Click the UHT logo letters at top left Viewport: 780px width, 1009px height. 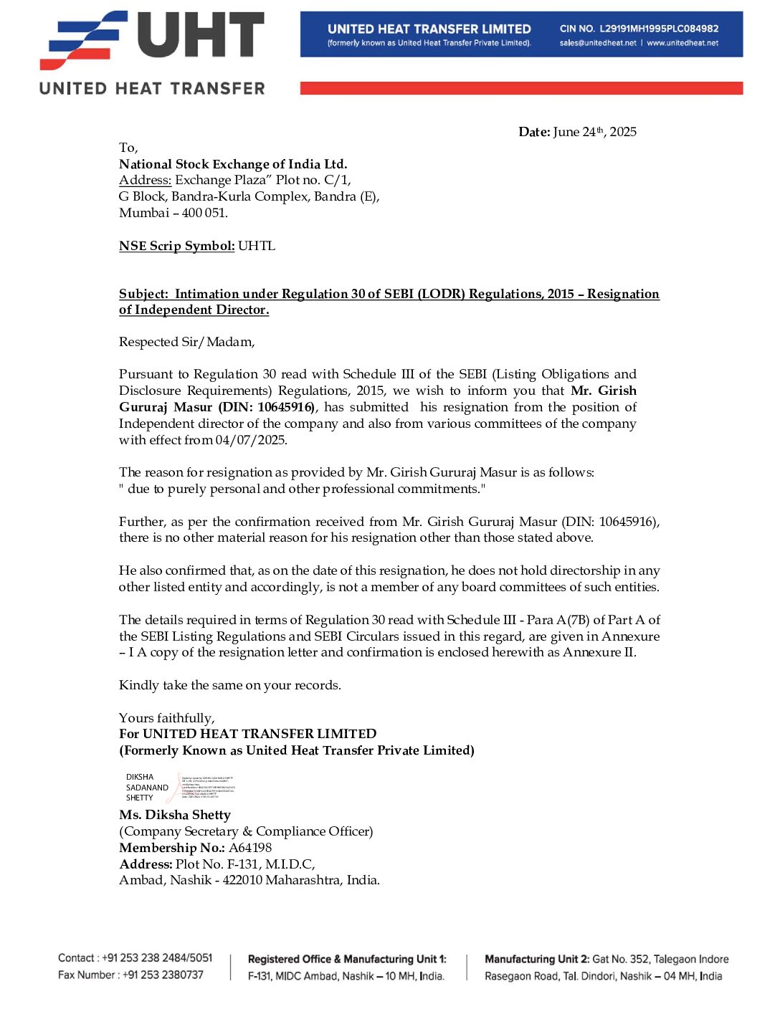[x=201, y=36]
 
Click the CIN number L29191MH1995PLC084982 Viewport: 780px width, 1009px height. [x=659, y=29]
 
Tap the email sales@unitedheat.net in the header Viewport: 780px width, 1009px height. [x=598, y=43]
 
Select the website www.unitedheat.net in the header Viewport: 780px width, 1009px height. [x=682, y=43]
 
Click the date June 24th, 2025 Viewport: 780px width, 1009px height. [x=594, y=132]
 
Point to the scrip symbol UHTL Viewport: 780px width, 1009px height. [x=257, y=246]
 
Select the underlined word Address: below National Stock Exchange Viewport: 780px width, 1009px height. [x=145, y=180]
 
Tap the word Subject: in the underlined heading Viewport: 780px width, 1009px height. [x=143, y=294]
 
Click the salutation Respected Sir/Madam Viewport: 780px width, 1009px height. [x=186, y=342]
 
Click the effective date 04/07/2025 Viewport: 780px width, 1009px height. [x=251, y=440]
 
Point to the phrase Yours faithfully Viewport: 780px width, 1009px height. [x=166, y=718]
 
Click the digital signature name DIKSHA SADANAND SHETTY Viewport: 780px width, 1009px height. [x=147, y=787]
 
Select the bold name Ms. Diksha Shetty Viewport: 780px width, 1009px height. [x=175, y=815]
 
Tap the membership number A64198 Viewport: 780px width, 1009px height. [x=250, y=848]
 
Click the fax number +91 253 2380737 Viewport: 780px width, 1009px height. [x=163, y=975]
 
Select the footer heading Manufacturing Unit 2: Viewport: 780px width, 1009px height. [x=537, y=959]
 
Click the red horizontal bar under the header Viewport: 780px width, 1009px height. [x=521, y=88]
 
